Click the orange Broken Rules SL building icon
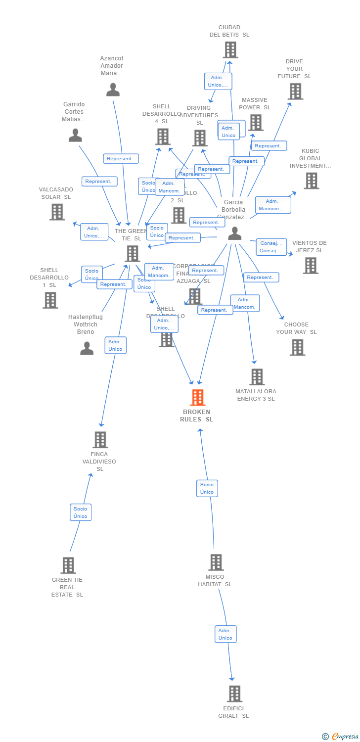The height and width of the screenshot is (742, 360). (x=198, y=397)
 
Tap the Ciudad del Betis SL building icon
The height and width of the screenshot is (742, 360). (x=230, y=50)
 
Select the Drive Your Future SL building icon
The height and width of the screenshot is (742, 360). (x=295, y=92)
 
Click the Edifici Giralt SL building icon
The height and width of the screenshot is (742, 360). (x=234, y=694)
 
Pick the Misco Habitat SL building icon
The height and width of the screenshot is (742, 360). (x=216, y=562)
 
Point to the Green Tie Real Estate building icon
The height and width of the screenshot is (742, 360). (x=68, y=565)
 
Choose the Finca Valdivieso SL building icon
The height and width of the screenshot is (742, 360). (x=100, y=440)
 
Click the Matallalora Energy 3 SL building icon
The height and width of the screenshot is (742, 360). (x=257, y=377)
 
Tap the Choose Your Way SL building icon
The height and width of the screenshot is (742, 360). (x=297, y=347)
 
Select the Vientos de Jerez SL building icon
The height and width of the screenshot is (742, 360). (x=311, y=266)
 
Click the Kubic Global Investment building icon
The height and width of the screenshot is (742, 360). (x=311, y=181)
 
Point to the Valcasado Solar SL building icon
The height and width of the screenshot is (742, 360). (x=57, y=212)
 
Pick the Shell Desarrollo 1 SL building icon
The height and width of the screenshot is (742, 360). (x=50, y=300)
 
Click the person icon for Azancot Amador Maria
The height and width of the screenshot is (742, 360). (x=113, y=90)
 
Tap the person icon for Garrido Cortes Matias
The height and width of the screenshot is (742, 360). (x=75, y=135)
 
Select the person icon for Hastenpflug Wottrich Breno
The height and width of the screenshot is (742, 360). (x=87, y=348)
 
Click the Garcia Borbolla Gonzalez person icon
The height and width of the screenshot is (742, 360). (x=234, y=233)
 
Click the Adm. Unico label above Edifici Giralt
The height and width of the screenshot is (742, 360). (x=225, y=634)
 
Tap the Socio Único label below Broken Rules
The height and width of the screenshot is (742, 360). (x=207, y=488)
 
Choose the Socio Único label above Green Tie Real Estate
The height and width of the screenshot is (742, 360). (x=81, y=512)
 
